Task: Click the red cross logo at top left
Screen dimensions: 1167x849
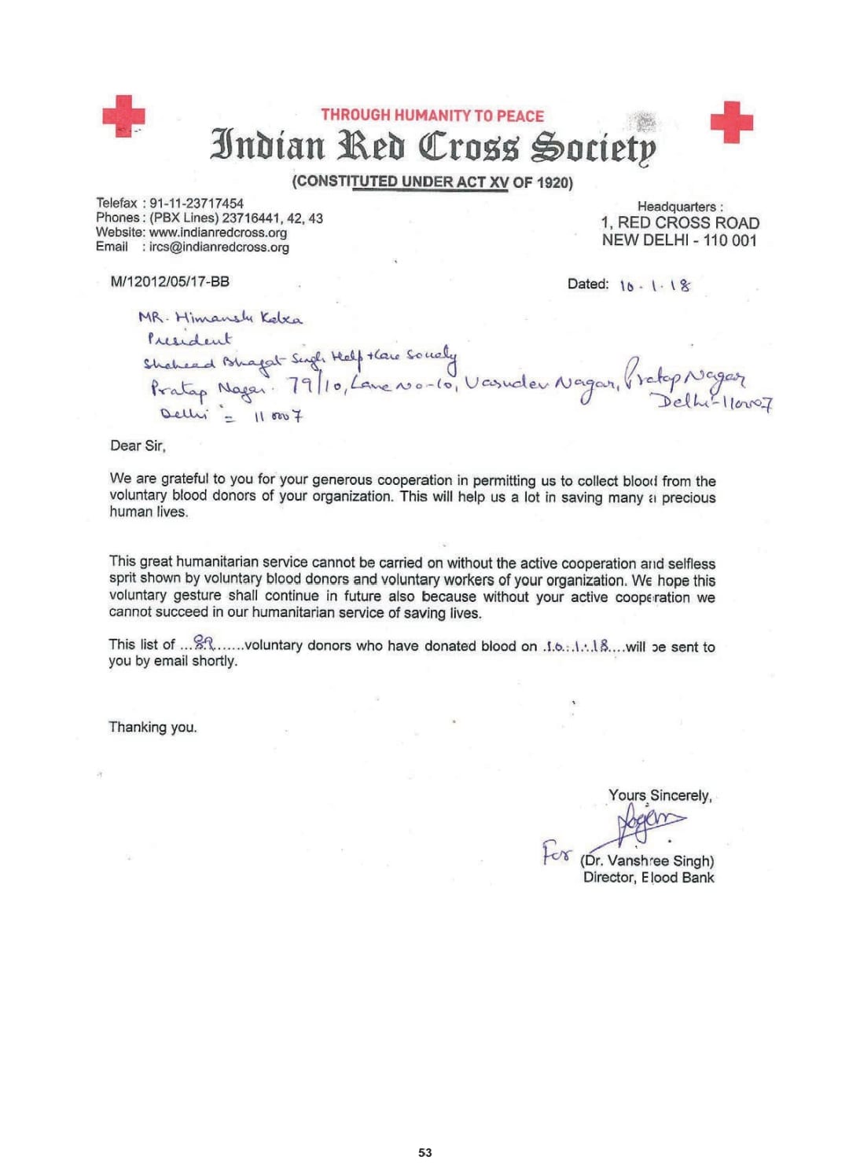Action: (x=123, y=116)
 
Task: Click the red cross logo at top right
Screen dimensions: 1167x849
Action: (x=731, y=122)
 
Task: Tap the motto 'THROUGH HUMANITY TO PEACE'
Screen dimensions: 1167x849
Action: (x=432, y=116)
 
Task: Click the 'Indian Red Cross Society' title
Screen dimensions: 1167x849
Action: (x=432, y=146)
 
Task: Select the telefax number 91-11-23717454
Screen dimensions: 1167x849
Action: (x=197, y=204)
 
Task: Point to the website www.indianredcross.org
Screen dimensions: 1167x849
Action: (x=218, y=233)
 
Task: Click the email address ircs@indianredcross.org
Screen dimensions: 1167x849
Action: (x=219, y=247)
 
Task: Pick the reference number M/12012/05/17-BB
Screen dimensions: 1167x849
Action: (x=170, y=281)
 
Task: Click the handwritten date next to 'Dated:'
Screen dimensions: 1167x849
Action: (x=655, y=285)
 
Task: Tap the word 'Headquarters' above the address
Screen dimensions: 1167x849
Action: (x=678, y=207)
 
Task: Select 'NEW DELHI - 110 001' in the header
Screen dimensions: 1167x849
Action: (x=679, y=240)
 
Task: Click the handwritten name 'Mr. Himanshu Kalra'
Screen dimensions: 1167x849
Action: (x=220, y=318)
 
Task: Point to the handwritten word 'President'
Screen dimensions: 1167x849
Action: (x=189, y=339)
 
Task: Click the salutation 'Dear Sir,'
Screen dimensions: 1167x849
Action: (x=138, y=446)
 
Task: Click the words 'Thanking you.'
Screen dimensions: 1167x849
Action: (x=153, y=727)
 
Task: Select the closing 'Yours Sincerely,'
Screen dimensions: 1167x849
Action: (x=660, y=795)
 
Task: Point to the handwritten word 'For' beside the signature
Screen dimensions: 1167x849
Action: (x=557, y=852)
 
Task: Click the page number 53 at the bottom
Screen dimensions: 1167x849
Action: (x=425, y=1152)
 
